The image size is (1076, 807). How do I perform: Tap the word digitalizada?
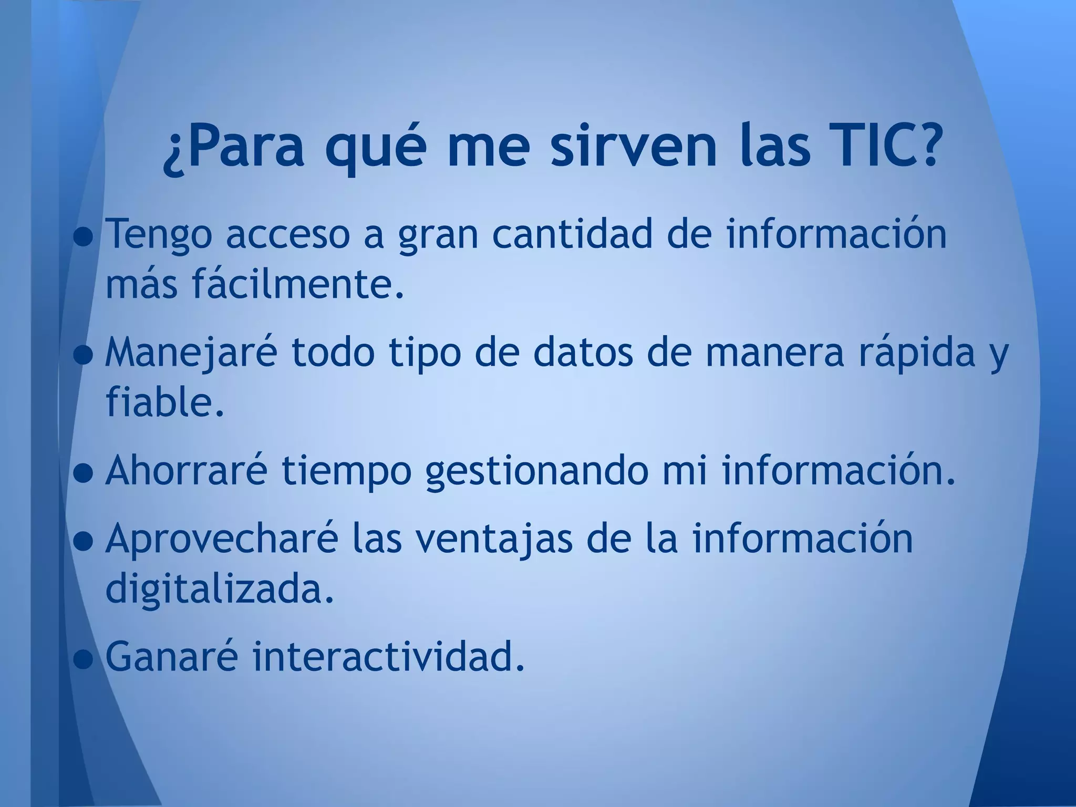(220, 589)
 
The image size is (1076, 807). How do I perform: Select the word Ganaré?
(171, 656)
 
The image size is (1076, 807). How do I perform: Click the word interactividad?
(389, 656)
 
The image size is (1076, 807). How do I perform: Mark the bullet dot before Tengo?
(83, 240)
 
